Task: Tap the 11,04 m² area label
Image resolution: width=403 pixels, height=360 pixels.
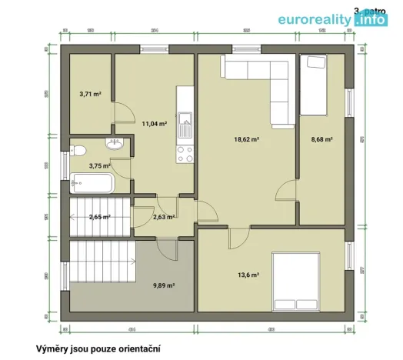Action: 155,122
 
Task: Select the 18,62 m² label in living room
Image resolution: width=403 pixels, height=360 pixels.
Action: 246,139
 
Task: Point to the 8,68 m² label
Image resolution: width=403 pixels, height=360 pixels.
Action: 321,139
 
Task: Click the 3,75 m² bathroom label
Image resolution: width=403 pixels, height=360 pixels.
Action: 99,165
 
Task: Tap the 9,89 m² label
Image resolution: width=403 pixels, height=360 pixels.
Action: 164,285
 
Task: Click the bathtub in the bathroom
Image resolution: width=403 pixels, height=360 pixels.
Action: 92,184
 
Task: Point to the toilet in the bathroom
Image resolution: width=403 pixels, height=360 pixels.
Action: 76,150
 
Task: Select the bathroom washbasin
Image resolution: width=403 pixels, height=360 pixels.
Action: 115,142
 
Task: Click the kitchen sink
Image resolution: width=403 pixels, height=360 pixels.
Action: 185,120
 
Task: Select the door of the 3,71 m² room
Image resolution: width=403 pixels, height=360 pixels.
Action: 122,113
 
